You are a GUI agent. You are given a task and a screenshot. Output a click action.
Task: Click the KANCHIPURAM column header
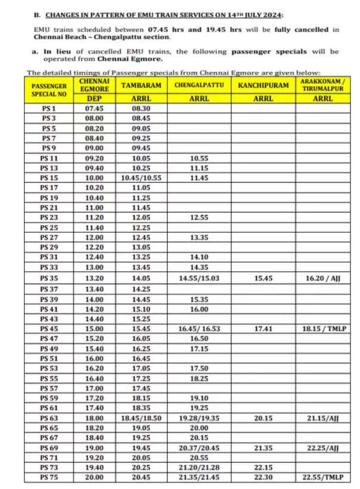click(x=263, y=85)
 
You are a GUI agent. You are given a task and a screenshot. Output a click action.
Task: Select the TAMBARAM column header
click(x=141, y=85)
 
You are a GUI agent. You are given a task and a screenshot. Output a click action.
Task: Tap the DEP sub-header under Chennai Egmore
click(x=93, y=99)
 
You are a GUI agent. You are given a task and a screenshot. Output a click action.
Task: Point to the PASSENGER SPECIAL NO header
click(x=49, y=90)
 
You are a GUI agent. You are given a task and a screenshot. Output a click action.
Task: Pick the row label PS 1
click(x=49, y=108)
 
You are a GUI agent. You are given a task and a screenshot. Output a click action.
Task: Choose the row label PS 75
click(x=49, y=478)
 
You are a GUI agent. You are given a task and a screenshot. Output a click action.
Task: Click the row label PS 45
click(x=49, y=328)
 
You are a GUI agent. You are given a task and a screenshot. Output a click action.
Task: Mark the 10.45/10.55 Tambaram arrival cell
click(x=141, y=178)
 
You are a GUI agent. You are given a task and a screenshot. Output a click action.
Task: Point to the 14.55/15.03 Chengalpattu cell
click(x=199, y=278)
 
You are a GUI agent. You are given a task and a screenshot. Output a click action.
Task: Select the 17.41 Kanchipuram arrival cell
click(x=263, y=328)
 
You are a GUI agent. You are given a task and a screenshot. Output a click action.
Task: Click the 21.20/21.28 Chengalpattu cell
click(x=199, y=468)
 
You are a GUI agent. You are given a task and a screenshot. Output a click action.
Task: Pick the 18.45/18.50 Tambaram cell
click(x=141, y=418)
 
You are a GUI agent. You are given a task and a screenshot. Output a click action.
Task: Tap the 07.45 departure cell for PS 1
click(x=93, y=108)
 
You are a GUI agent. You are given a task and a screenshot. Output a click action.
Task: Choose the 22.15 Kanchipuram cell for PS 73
click(x=263, y=468)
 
